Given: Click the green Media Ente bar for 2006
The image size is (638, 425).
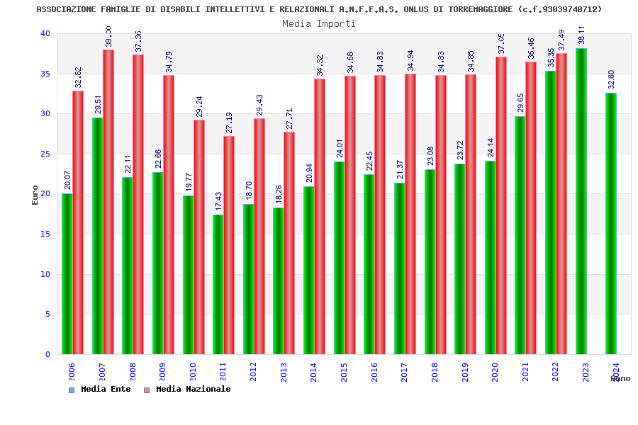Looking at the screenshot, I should [x=67, y=273].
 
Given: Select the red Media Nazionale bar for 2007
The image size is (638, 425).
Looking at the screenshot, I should [x=108, y=202].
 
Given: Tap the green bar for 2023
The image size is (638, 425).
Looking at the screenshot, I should [x=581, y=201].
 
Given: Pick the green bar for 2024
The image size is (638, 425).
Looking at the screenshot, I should [x=611, y=223].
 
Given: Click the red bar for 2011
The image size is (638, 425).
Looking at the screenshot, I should [x=229, y=245].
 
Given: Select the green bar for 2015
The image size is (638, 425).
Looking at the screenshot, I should [x=339, y=258].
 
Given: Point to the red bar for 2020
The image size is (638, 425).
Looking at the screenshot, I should [x=501, y=205].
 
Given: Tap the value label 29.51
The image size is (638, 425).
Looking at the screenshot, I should [x=98, y=104].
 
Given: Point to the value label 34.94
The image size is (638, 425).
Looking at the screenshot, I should [x=410, y=60].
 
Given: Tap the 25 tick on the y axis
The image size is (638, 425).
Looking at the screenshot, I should [x=45, y=154].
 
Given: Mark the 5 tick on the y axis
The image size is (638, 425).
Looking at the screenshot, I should [x=47, y=314].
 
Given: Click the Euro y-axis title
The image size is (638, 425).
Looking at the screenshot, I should [x=35, y=195].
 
